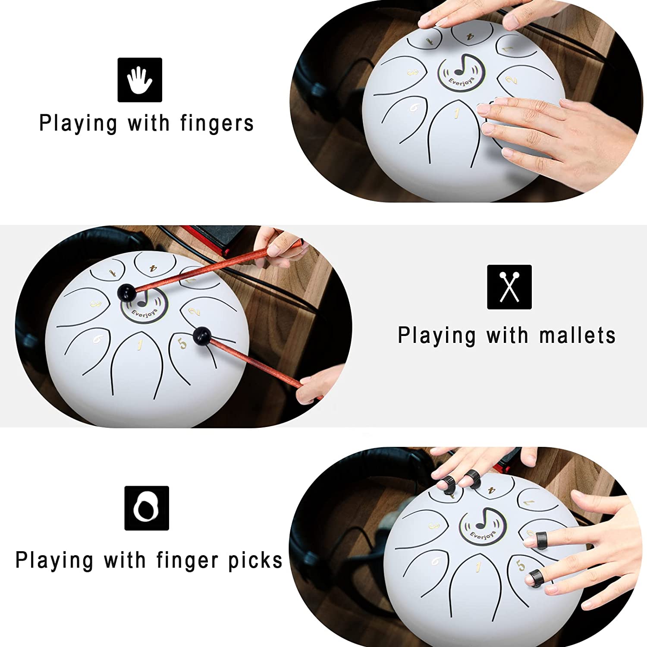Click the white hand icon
click(x=140, y=80)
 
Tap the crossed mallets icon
click(x=509, y=287)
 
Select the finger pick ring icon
click(x=146, y=508)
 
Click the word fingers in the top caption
click(x=217, y=124)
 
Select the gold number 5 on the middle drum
click(x=183, y=343)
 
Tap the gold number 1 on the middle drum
click(x=139, y=345)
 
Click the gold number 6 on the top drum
click(x=414, y=107)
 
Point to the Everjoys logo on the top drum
click(x=462, y=72)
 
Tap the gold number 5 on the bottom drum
click(x=521, y=565)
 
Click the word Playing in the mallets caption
click(x=437, y=336)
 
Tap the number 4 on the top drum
click(x=470, y=37)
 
